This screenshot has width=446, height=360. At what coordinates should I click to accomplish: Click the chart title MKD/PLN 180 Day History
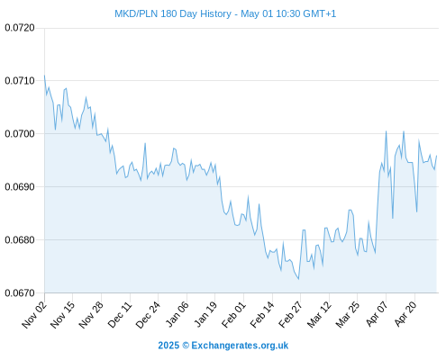point(173,13)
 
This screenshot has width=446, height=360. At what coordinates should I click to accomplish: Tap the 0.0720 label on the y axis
point(20,28)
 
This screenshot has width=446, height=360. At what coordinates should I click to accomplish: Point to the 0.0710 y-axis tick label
point(20,80)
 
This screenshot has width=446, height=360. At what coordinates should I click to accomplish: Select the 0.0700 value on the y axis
point(20,133)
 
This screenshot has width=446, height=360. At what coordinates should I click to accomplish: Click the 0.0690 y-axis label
point(20,186)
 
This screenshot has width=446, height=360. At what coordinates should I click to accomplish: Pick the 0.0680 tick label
point(20,239)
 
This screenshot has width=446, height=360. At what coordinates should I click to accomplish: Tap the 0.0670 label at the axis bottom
point(20,292)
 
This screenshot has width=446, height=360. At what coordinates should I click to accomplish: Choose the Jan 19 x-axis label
point(205,314)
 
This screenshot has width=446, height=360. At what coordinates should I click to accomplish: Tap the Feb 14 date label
point(262,314)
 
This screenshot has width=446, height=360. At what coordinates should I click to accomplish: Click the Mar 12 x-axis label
point(319,314)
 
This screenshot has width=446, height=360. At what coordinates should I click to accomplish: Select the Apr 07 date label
point(377,314)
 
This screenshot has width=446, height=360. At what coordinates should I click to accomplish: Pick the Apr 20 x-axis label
point(405,314)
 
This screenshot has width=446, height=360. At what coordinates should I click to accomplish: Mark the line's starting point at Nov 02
point(44,76)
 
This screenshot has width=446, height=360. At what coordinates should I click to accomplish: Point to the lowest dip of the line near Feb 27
point(298,279)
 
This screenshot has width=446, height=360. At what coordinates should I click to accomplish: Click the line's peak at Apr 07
point(386,131)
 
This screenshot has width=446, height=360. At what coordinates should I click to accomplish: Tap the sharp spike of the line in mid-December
point(145,143)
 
